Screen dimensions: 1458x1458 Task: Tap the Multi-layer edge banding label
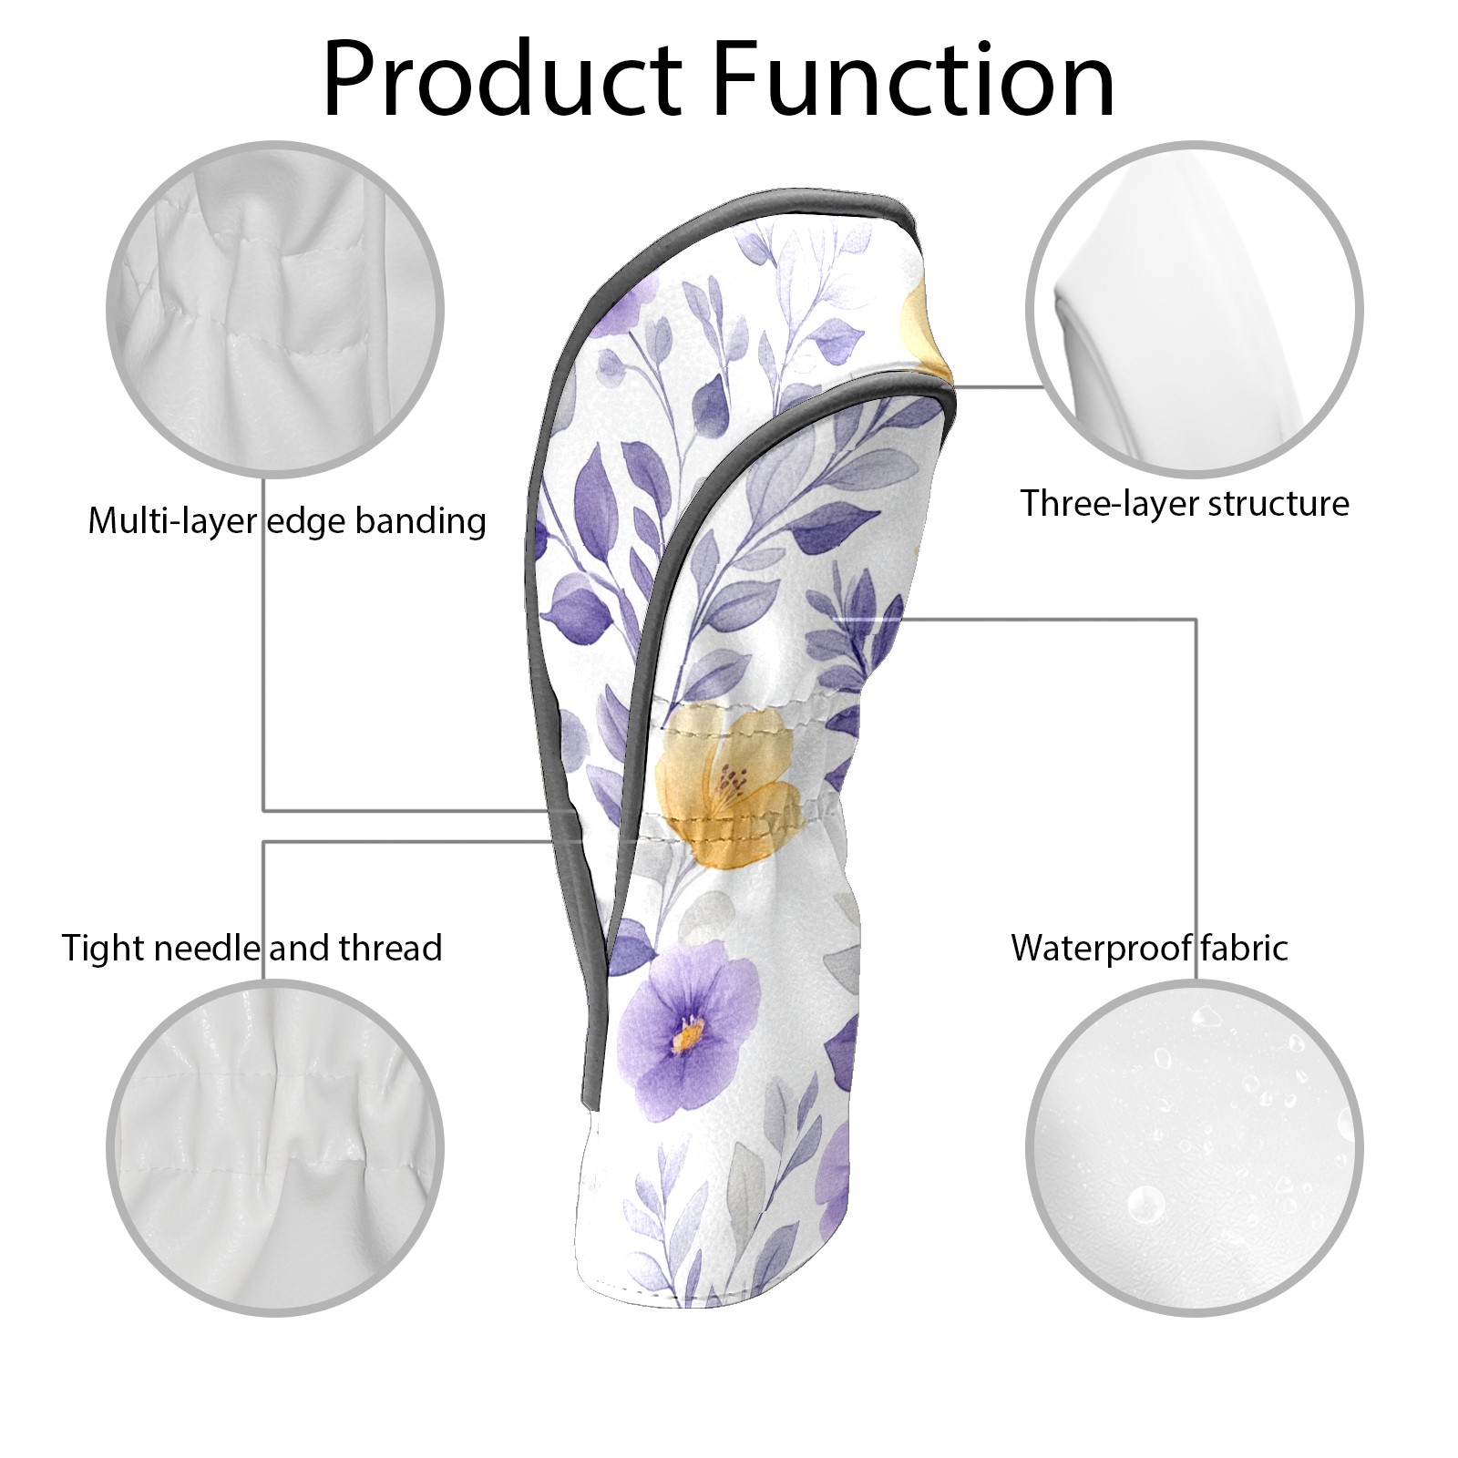coord(287,521)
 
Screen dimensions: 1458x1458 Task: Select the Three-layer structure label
coord(1184,503)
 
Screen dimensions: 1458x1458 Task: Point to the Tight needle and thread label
coord(252,948)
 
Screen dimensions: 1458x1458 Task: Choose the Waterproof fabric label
coord(1149,948)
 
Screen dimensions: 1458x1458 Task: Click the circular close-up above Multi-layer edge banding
coord(276,310)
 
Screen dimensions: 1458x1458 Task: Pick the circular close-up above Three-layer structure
coord(1194,310)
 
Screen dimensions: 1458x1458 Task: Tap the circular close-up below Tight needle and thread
coord(276,1150)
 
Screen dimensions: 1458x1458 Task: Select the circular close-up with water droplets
coord(1194,1150)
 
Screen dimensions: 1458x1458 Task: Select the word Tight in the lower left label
coord(102,949)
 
